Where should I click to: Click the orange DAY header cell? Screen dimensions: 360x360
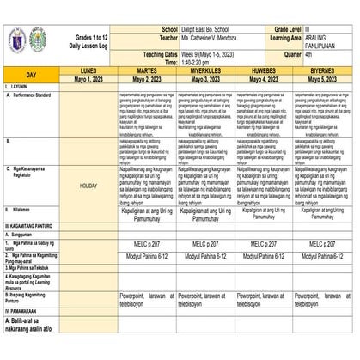tap(31, 75)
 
